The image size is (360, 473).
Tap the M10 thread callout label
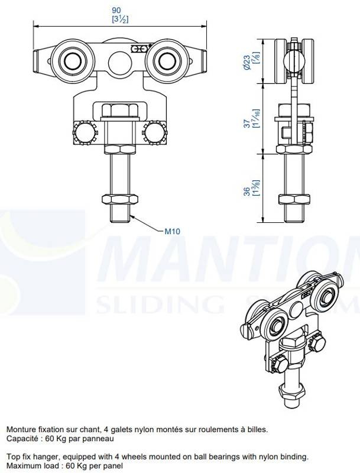coord(173,231)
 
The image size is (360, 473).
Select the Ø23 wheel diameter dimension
coord(247,63)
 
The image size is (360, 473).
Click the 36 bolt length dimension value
coord(247,191)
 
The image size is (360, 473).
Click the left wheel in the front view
coord(72,61)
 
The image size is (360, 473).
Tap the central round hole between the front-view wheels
coord(119,62)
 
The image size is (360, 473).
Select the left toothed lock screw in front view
coord(84,133)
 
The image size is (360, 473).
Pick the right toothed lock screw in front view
coord(155,133)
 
